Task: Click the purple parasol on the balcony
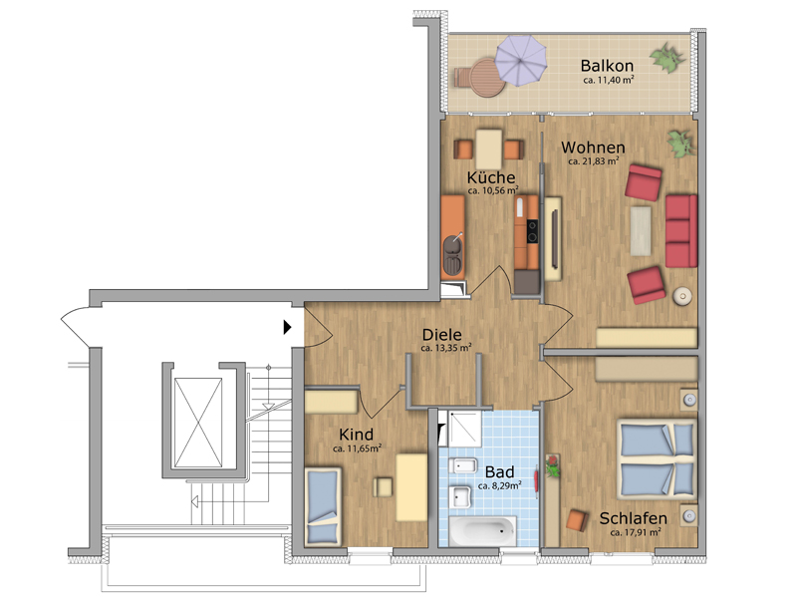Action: coord(521,60)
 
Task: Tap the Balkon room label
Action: coord(607,66)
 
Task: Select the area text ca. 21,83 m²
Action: coord(594,161)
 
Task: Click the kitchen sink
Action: coord(452,255)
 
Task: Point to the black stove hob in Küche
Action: coord(532,231)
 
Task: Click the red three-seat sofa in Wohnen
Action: coord(681,231)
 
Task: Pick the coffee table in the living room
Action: coord(641,231)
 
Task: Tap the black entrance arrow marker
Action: coord(287,327)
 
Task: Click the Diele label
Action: coord(442,335)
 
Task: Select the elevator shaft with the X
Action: coord(198,423)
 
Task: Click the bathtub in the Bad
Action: coord(483,531)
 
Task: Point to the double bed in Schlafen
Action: coord(657,459)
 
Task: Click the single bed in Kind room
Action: coord(323,506)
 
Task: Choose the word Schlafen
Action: coord(634,518)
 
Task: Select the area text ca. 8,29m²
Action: coord(500,486)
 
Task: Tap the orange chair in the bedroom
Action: coord(577,519)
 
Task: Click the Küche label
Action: coord(491,177)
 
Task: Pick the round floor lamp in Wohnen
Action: coord(682,296)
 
